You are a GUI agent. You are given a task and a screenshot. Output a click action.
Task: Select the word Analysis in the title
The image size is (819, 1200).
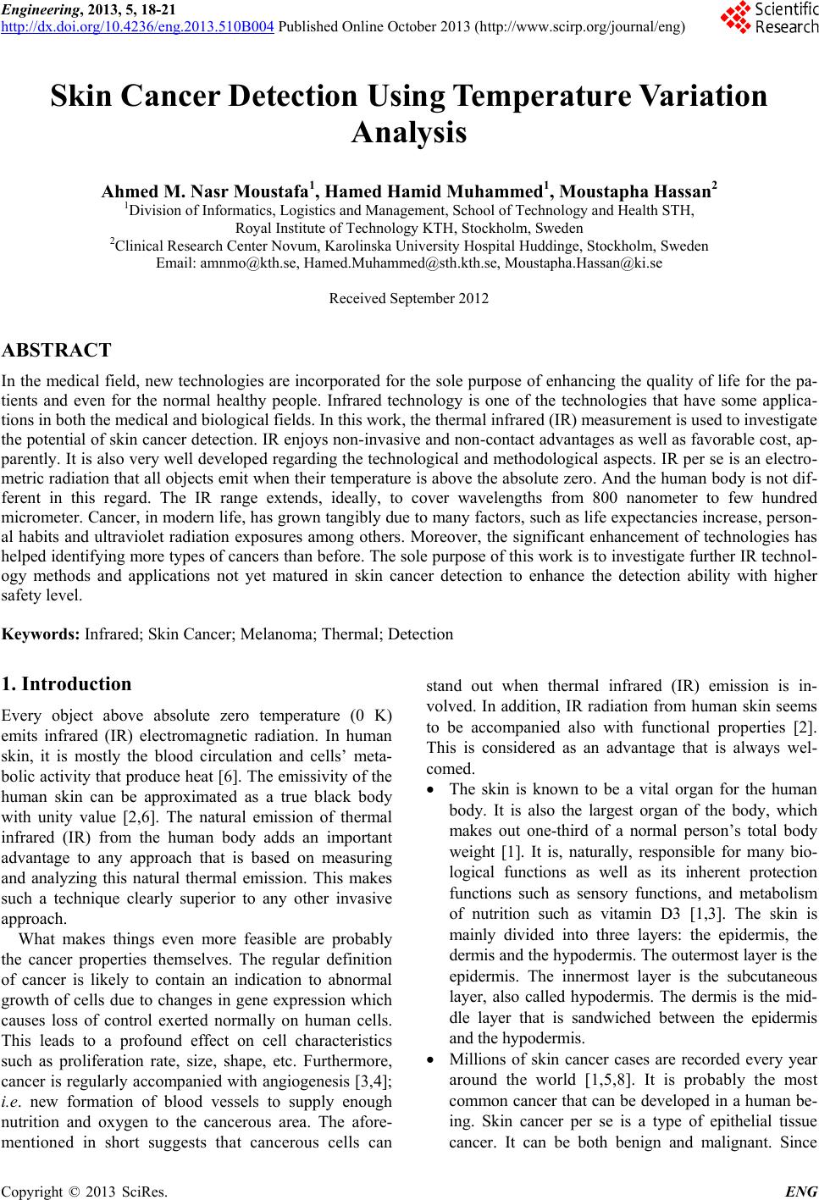409,133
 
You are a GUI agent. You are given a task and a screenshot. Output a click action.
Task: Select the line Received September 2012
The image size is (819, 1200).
408,298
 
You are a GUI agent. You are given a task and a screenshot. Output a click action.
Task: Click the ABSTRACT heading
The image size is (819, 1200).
57,350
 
